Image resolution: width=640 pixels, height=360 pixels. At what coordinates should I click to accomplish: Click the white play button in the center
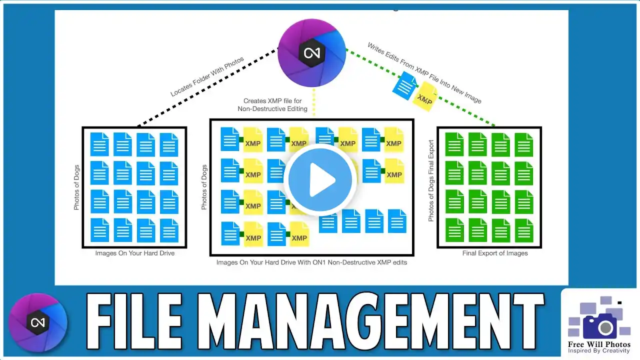click(x=320, y=181)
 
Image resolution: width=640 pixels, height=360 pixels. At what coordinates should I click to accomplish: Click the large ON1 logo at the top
click(x=311, y=51)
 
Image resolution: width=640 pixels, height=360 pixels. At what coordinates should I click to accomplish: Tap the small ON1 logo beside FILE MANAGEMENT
click(x=38, y=322)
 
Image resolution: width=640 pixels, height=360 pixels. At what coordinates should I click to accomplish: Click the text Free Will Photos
click(x=599, y=344)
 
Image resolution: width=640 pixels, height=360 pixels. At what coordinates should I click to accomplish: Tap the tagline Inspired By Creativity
click(x=599, y=351)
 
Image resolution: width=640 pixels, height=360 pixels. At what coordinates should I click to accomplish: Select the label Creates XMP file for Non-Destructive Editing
click(x=275, y=105)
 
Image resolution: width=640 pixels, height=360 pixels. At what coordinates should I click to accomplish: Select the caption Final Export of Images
click(x=495, y=253)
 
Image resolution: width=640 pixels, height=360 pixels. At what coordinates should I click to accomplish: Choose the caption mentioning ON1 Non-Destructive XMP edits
click(x=311, y=262)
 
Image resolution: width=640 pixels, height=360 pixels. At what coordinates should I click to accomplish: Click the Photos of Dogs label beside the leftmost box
click(x=76, y=187)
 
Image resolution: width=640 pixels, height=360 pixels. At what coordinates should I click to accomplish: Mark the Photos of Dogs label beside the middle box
click(x=204, y=187)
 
